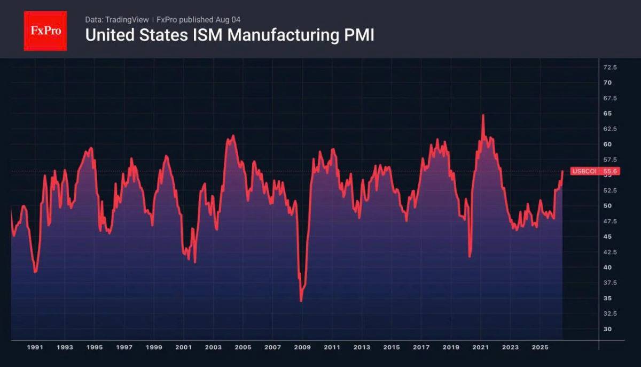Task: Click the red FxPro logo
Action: tap(45, 31)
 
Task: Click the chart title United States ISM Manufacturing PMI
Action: tap(230, 35)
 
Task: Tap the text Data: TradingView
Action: tap(117, 20)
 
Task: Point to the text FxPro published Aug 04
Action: tap(198, 20)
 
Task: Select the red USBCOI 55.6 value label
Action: tap(595, 171)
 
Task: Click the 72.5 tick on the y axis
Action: tap(610, 67)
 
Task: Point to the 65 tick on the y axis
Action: tap(607, 113)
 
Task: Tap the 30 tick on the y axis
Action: tap(607, 329)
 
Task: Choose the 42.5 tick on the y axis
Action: tap(610, 252)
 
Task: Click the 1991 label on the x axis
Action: tap(35, 348)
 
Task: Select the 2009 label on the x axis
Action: tap(302, 348)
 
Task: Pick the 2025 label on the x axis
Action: tap(540, 348)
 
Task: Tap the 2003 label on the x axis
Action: tap(213, 348)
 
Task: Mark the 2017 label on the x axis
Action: tap(421, 348)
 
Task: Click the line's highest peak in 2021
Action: tap(483, 115)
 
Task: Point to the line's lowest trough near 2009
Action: tap(301, 301)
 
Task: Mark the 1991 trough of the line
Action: tap(35, 272)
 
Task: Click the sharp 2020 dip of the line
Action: tap(470, 256)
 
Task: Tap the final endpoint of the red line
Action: tap(562, 171)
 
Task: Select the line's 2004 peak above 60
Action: tap(233, 135)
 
